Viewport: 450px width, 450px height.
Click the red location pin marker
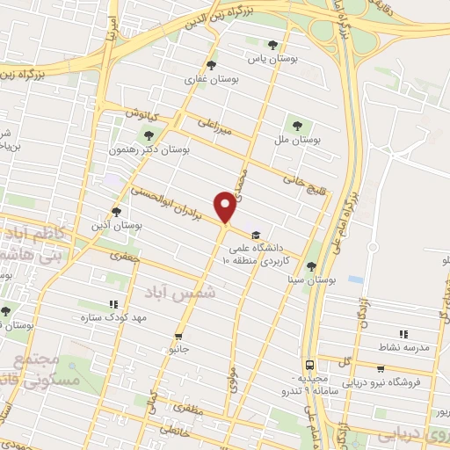pos(227,207)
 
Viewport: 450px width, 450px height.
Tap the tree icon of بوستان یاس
pos(272,45)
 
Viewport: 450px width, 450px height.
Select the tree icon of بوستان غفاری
pos(209,64)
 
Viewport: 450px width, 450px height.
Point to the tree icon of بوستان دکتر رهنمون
pos(148,134)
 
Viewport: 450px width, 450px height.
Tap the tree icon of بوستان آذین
pos(116,211)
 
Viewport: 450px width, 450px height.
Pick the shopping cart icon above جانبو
pos(179,336)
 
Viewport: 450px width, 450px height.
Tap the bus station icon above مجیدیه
pos(309,364)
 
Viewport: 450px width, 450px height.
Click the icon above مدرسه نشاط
pos(403,334)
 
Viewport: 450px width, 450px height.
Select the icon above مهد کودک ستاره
pos(112,303)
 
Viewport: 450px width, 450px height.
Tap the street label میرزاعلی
pos(214,127)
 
